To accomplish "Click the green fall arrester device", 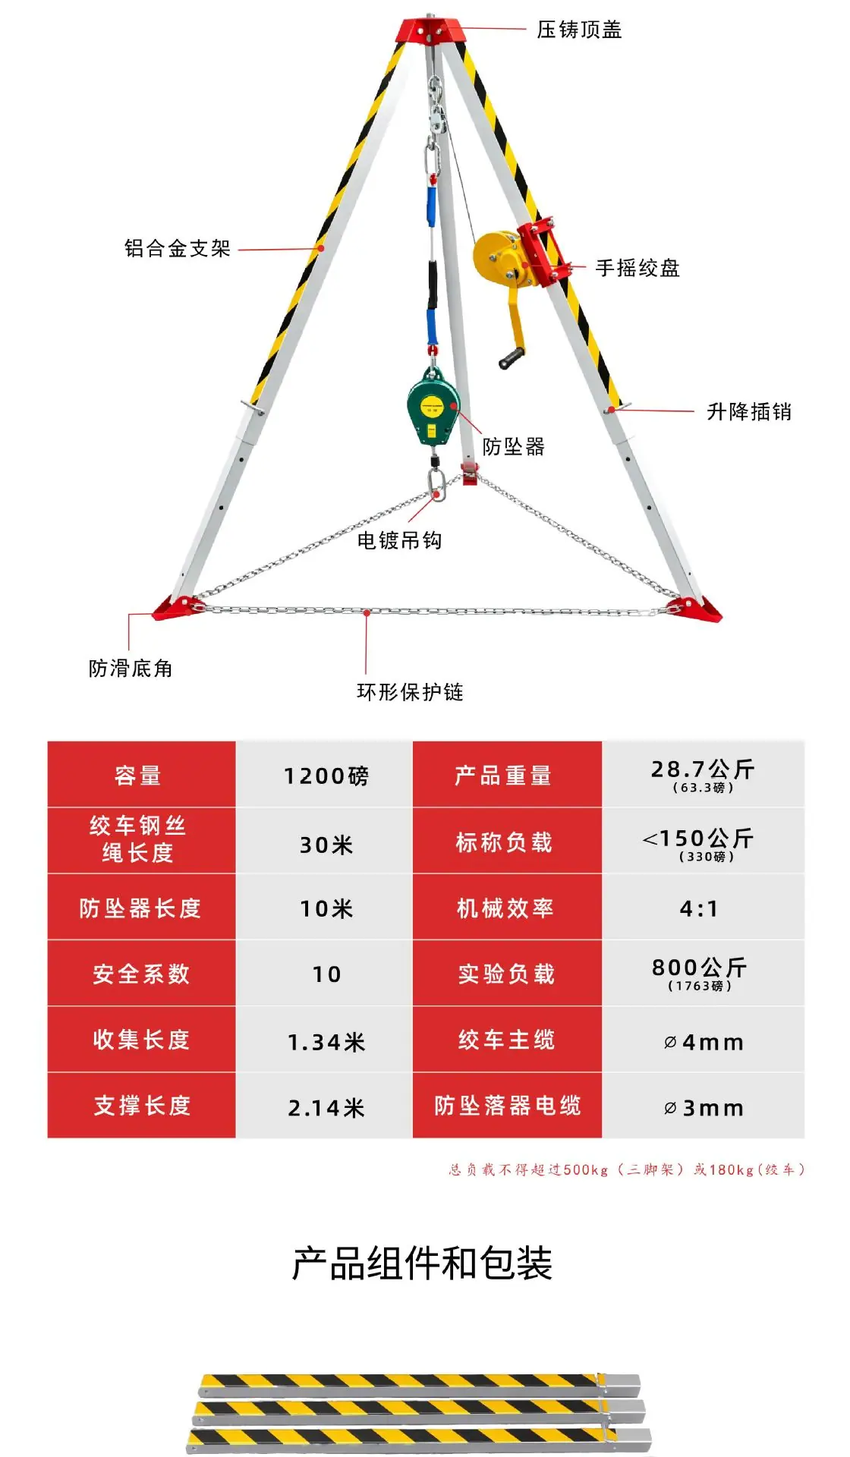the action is pos(433,410).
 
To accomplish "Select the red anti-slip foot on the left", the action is pos(177,608).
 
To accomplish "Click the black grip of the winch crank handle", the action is pos(512,358).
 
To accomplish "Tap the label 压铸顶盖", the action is pos(579,30).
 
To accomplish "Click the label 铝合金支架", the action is pos(178,248).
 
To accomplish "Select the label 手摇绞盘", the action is pos(637,268).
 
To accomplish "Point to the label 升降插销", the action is pos(749,411).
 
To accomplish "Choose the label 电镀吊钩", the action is pos(399,540).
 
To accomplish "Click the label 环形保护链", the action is pos(410,691).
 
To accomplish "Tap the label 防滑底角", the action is pos(131,668).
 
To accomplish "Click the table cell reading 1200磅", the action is pos(326,776).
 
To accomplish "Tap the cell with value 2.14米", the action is pos(326,1106).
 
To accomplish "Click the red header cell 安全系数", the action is pos(142,974).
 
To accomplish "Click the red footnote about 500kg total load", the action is pos(627,1169).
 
